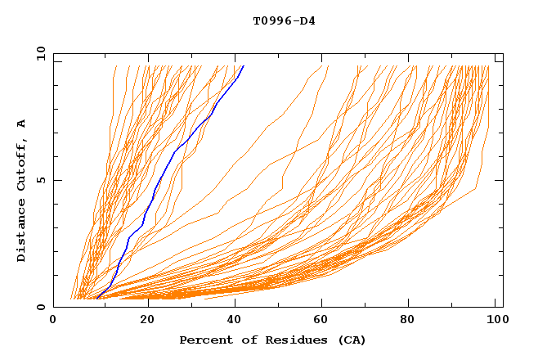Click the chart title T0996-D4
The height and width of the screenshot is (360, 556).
284,20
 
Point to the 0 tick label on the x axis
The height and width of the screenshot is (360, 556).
53,321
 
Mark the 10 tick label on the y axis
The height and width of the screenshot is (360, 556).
40,53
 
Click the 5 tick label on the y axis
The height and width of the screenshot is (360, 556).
43,180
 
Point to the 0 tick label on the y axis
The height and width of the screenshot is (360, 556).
43,307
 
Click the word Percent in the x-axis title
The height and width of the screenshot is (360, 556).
203,340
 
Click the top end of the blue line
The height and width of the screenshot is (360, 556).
243,66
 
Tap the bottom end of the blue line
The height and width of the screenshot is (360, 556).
96,298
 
